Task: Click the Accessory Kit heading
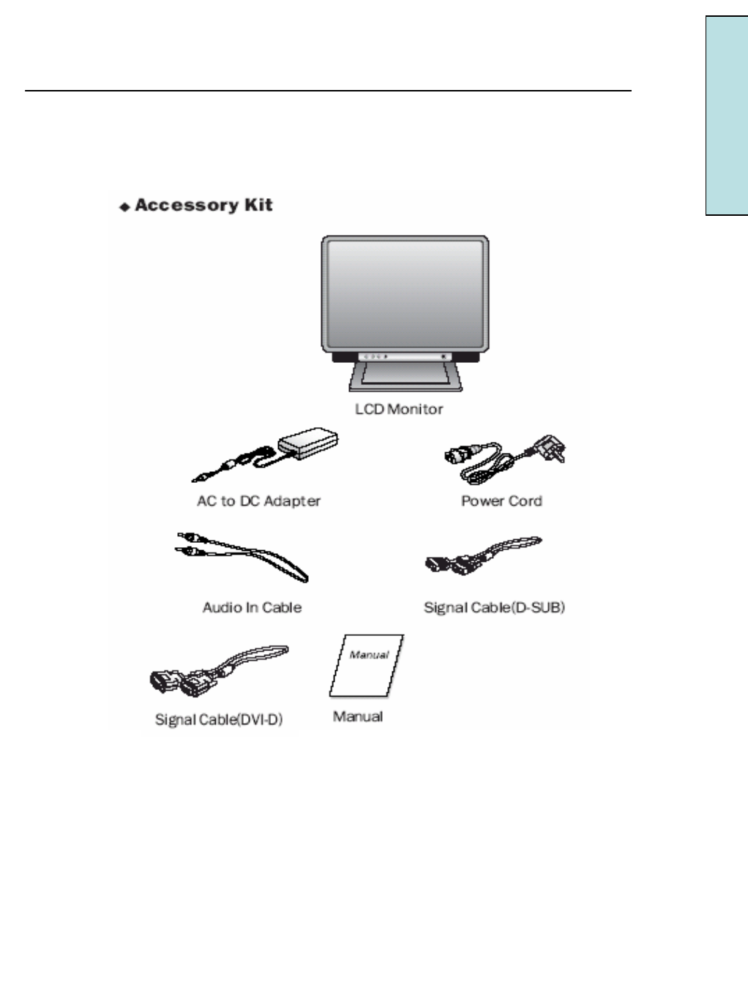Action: click(203, 206)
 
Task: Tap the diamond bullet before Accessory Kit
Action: click(124, 208)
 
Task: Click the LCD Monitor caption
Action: click(399, 409)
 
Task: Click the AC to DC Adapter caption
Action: click(258, 501)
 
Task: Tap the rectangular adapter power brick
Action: click(308, 443)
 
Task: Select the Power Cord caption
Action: click(501, 501)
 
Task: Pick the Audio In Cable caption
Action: click(252, 607)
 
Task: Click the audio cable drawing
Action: click(242, 556)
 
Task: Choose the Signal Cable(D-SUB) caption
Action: click(494, 607)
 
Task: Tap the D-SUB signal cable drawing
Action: click(483, 556)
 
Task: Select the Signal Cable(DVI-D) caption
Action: click(218, 720)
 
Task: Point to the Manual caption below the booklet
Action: click(358, 716)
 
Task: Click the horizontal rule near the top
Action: click(328, 91)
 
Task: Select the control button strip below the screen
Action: click(405, 356)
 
